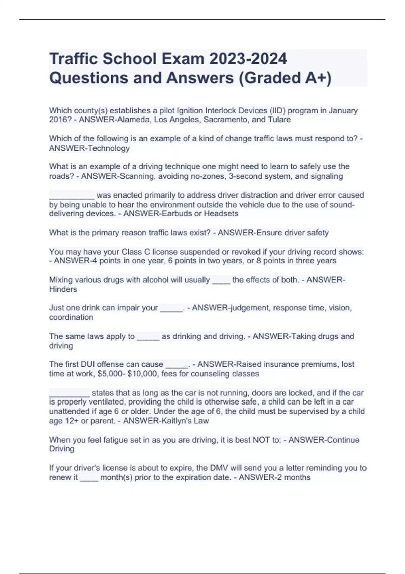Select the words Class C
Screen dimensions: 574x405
[x=136, y=252]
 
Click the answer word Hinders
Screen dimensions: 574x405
[x=63, y=289]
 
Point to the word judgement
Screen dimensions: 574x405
[x=248, y=308]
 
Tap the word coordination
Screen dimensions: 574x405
[x=71, y=317]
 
